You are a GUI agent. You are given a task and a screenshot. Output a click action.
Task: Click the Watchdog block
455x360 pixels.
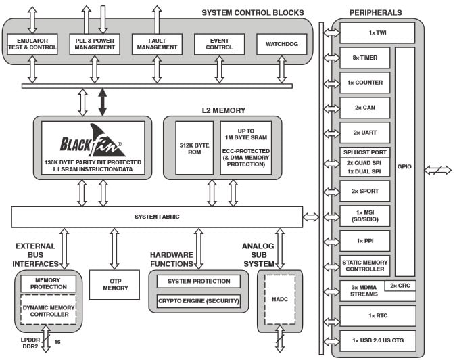click(281, 44)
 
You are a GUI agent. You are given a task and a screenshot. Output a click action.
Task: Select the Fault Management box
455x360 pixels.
click(157, 44)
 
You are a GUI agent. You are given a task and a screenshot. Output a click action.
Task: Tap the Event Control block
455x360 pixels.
click(219, 44)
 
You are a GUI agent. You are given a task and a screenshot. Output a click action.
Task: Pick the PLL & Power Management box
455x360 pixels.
click(95, 44)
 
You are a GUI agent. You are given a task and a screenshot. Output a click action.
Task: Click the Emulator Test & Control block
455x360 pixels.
click(32, 44)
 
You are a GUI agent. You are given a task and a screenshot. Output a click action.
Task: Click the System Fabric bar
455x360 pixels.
click(157, 217)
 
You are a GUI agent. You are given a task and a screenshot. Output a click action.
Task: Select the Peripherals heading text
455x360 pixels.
click(377, 13)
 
